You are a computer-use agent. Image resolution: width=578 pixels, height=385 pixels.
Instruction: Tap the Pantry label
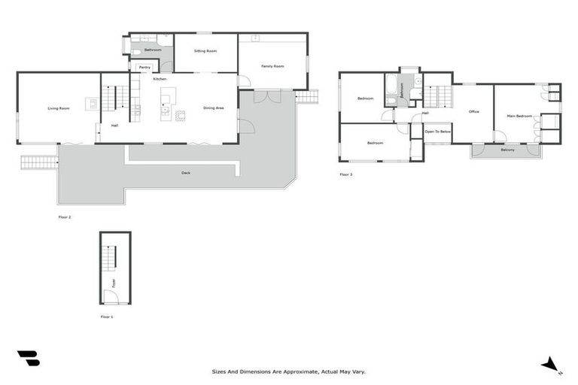(144, 68)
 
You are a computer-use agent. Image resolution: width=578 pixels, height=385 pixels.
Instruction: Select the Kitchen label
(160, 79)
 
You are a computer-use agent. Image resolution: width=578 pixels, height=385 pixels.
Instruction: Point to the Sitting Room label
(205, 51)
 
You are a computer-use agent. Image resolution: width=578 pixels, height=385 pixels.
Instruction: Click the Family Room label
(272, 66)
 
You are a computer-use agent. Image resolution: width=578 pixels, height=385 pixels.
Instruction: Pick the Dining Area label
(214, 108)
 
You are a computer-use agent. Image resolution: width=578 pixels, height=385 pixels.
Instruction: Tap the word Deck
(186, 173)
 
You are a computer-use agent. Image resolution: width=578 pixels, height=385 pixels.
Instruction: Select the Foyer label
(114, 283)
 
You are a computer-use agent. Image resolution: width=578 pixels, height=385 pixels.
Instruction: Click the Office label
(473, 112)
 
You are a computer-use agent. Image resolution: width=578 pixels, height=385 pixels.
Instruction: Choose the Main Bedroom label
(519, 116)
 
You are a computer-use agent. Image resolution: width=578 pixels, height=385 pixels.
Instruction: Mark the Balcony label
(507, 150)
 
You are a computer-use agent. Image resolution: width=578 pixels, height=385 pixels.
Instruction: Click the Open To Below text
(437, 132)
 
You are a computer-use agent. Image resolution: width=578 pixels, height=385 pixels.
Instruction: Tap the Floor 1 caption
(107, 317)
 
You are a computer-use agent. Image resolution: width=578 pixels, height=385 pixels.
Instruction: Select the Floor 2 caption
(65, 217)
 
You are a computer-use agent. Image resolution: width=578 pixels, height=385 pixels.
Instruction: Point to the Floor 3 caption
(345, 174)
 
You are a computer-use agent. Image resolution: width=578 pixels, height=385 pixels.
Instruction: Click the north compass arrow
(550, 364)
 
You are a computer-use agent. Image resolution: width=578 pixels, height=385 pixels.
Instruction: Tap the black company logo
(28, 359)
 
